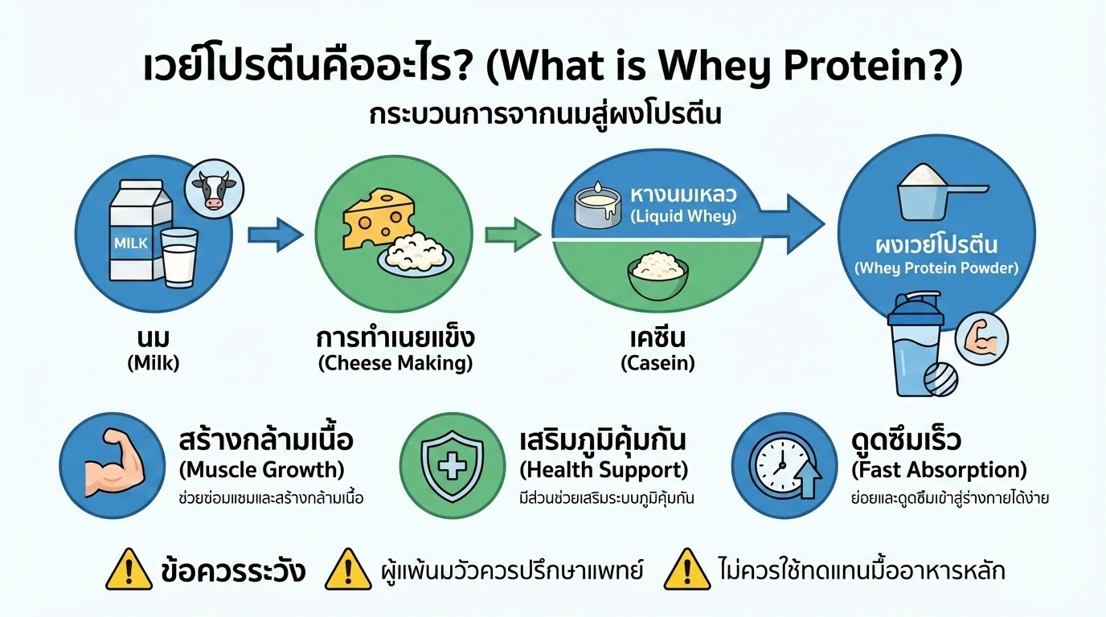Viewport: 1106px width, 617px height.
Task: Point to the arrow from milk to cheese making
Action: pos(274,235)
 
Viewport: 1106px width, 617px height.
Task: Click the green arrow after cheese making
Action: pos(513,235)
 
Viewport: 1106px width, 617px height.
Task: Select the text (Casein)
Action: pos(657,363)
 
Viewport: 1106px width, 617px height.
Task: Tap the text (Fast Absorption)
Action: pos(938,469)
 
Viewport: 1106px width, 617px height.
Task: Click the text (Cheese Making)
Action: pos(395,363)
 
